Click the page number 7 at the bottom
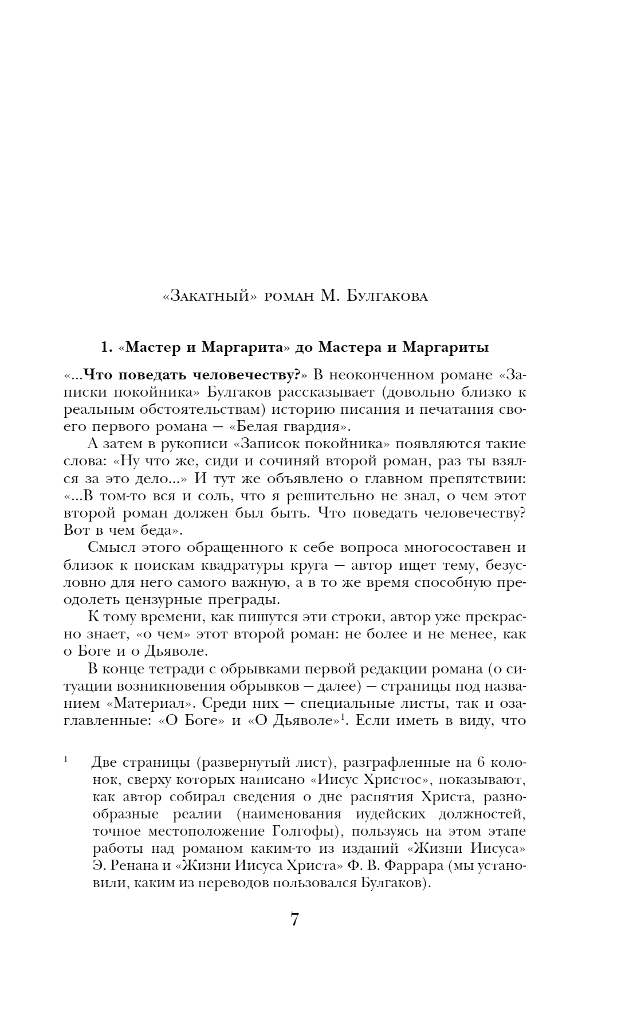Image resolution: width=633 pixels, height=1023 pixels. point(294,919)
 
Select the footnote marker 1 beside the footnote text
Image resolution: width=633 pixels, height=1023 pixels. point(66,760)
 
